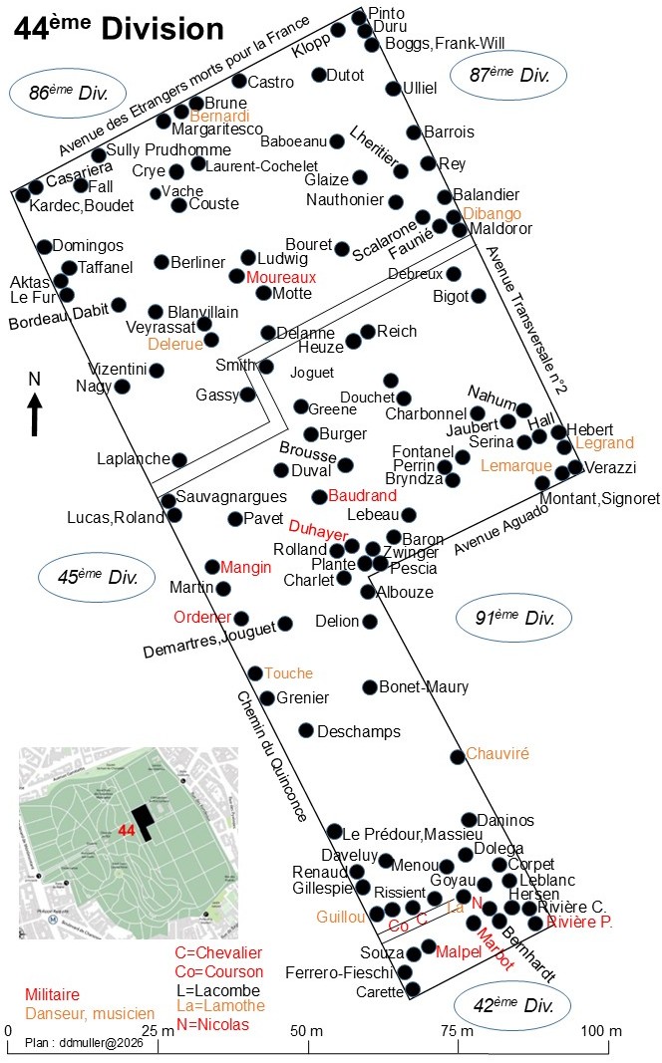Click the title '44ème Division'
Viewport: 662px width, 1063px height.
pos(119,29)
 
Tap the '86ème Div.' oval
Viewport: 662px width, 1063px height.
pos(69,93)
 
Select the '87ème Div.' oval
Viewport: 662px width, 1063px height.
pos(508,75)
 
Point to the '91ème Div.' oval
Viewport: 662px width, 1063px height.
pos(513,618)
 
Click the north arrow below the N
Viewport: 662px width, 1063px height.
pos(35,414)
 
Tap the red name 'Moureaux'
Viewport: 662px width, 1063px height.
pos(281,277)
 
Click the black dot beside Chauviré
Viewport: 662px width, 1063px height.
pos(458,756)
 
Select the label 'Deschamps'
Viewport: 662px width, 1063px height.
pos(359,732)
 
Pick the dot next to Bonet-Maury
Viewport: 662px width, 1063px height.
pos(370,687)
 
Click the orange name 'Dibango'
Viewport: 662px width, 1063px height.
pos(492,213)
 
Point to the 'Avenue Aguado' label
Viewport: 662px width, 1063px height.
pos(500,529)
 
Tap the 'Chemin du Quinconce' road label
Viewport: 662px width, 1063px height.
pos(272,756)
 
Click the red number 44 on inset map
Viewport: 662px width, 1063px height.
pos(127,830)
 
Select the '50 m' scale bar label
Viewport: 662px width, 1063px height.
pos(307,1030)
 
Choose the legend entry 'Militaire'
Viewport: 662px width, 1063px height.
pos(52,994)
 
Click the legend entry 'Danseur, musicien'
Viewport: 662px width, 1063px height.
pos(90,1013)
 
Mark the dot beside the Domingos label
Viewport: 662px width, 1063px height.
pos(44,247)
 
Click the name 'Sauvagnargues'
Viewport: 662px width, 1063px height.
pos(231,497)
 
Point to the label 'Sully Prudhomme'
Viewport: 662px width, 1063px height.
pos(168,149)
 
